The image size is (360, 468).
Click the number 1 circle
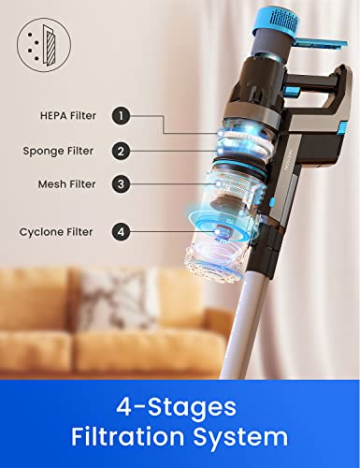121,116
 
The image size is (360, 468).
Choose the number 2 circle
121,150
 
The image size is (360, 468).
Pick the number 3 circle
121,183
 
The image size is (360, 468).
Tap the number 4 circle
121,230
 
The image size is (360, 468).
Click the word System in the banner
249,438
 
